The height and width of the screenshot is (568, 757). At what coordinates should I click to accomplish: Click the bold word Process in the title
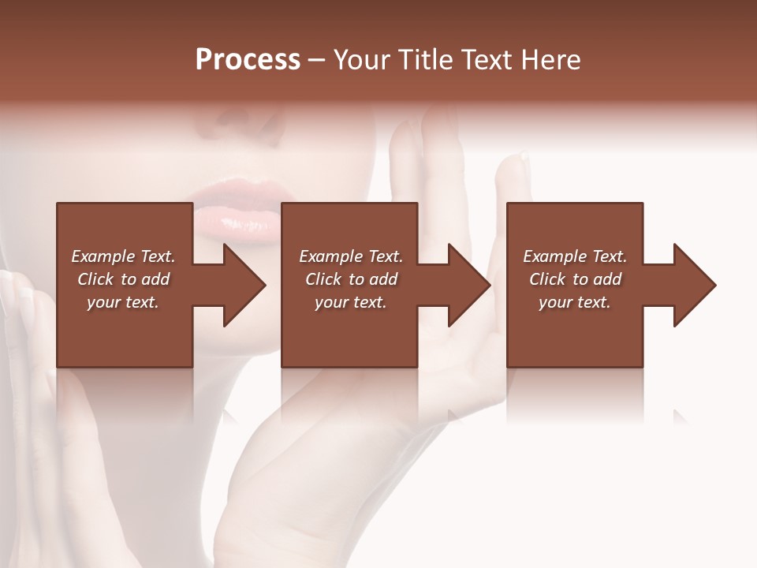coord(248,60)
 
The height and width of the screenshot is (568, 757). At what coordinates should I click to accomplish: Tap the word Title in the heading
coord(423,60)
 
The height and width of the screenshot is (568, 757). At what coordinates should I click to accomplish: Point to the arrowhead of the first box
coord(244,285)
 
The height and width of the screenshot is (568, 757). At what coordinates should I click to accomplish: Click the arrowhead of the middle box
coord(468,285)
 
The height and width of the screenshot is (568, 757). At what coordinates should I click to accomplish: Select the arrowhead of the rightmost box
coord(694,285)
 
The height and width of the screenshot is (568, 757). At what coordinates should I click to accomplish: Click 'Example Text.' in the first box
coord(123,256)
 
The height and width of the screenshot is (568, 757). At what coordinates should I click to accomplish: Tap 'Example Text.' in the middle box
coord(351,256)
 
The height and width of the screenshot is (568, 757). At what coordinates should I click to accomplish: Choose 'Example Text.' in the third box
coord(575,256)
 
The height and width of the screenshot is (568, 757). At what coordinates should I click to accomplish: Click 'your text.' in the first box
coord(123,302)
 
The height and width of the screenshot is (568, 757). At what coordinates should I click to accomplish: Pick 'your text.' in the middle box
coord(351,302)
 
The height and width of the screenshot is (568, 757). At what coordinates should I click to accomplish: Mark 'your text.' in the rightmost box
coord(575,302)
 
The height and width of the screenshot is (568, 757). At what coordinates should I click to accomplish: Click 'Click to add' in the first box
coord(123,279)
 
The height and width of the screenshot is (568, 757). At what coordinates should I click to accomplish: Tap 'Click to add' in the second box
coord(351,279)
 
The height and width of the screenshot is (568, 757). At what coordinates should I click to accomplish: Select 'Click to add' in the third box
coord(575,279)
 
